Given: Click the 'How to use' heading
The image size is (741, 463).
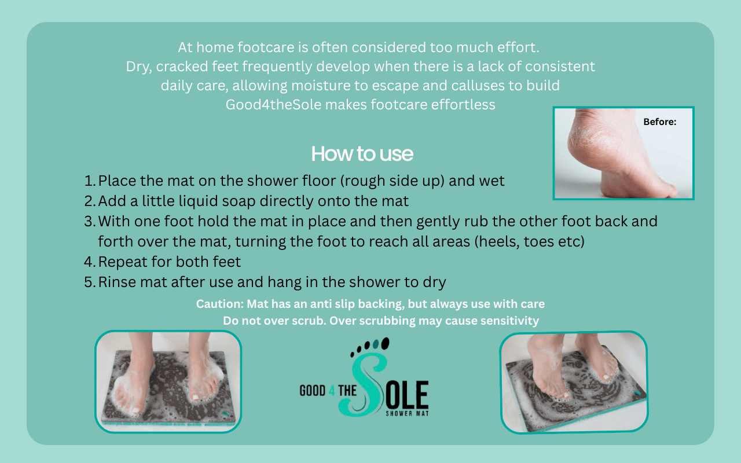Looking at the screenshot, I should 362,154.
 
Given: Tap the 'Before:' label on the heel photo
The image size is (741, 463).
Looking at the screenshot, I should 659,122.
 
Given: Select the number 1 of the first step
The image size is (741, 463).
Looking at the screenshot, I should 89,181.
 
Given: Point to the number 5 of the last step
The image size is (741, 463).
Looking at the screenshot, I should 89,282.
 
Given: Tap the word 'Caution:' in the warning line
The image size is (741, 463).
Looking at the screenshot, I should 220,304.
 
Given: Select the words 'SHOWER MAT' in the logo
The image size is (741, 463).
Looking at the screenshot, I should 407,413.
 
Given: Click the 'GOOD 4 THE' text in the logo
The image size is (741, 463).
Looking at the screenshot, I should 328,391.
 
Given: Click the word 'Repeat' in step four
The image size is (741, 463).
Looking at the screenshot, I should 122,262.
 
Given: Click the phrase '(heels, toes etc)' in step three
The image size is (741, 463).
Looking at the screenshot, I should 529,241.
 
